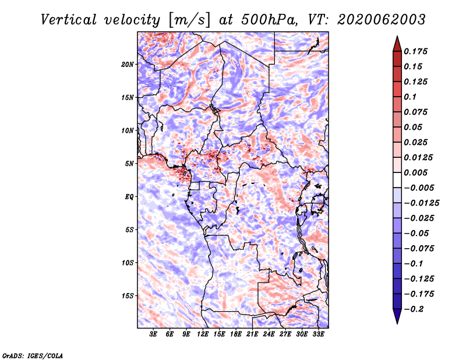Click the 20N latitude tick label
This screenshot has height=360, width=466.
point(128,65)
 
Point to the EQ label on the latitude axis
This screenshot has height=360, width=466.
point(129,197)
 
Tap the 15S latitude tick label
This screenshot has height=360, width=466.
point(128,296)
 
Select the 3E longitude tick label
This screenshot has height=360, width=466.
point(153,334)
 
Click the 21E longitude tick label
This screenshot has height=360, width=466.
point(252,334)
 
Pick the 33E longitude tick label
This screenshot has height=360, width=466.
point(318,334)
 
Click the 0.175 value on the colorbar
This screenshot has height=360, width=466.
point(415,51)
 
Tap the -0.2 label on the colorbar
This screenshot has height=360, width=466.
point(414,309)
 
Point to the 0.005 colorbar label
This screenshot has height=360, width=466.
point(415,172)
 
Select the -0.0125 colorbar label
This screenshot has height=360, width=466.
point(421,203)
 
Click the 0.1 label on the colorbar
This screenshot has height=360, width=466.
point(410,97)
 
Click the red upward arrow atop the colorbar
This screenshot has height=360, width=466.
point(397,44)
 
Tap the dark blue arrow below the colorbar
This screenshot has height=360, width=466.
point(397,316)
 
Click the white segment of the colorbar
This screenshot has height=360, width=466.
point(397,180)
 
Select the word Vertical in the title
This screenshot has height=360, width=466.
point(69,20)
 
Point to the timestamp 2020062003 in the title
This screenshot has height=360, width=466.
point(382,20)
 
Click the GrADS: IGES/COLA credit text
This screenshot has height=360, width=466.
point(33,356)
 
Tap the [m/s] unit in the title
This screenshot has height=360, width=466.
point(189,20)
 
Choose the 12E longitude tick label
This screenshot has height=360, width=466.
point(202,334)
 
